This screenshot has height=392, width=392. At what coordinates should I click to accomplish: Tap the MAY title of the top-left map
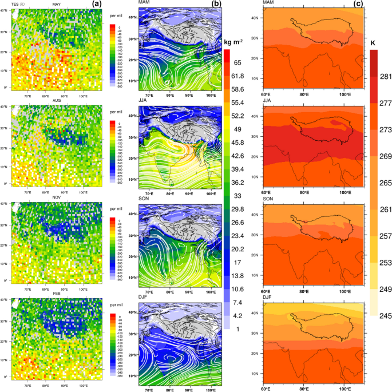tap(56, 4)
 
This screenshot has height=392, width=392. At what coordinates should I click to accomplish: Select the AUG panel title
tap(57, 101)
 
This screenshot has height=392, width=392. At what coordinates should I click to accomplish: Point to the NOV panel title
tap(56, 198)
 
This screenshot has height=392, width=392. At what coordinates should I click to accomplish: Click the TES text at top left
tap(9, 4)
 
